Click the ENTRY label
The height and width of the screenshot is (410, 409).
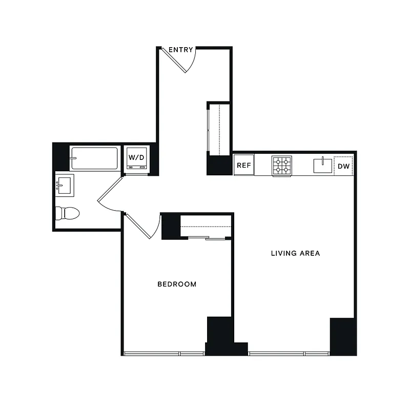click(181, 50)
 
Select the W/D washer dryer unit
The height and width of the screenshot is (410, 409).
click(137, 158)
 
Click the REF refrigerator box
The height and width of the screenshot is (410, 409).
click(243, 166)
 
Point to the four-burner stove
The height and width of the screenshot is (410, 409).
click(281, 166)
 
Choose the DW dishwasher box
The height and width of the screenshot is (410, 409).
click(343, 166)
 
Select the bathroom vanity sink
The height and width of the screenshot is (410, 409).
click(65, 184)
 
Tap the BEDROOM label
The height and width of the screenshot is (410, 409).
click(177, 284)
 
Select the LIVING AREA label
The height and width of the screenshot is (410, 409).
click(295, 253)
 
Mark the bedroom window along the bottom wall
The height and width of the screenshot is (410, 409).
click(164, 353)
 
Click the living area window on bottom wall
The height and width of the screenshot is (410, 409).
click(290, 353)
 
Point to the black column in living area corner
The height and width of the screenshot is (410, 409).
click(342, 336)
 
